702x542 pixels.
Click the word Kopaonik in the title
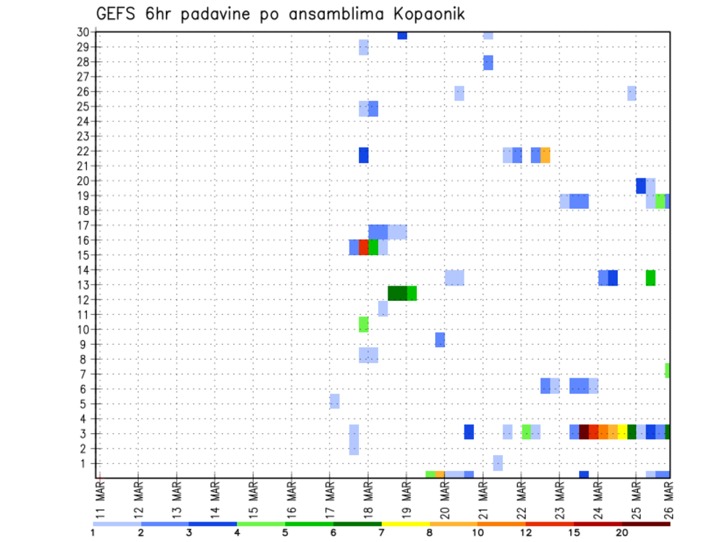(x=426, y=14)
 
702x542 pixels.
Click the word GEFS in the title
(x=116, y=14)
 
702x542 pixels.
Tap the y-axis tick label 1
(x=85, y=463)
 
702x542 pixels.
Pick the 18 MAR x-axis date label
(x=368, y=498)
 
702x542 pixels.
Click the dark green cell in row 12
(x=397, y=293)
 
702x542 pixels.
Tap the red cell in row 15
(x=363, y=247)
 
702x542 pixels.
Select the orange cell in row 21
(x=546, y=155)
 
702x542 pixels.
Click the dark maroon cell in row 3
(x=584, y=432)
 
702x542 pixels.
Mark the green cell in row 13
(x=650, y=278)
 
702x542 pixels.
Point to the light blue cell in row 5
(x=334, y=401)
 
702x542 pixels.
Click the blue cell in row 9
(x=439, y=340)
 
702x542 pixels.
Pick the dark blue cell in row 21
(x=363, y=155)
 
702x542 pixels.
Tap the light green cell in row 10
(x=363, y=324)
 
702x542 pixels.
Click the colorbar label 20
(x=622, y=533)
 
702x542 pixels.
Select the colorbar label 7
(x=381, y=533)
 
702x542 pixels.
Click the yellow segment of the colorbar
(x=405, y=524)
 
